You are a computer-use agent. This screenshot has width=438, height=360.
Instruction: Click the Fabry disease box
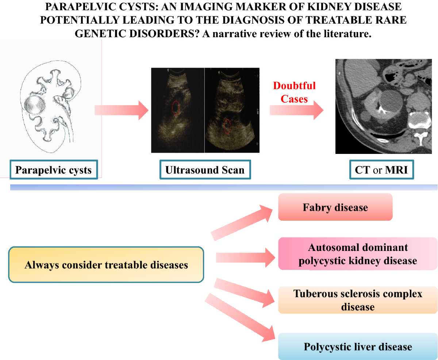335,207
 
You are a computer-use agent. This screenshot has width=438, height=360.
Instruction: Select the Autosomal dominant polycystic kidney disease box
358,254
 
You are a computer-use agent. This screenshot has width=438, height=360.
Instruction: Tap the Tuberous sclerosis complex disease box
358,300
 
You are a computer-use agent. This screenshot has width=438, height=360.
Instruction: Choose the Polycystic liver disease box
358,347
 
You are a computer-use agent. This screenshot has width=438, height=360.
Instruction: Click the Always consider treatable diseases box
106,264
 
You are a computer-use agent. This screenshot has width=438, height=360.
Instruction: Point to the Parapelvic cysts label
54,170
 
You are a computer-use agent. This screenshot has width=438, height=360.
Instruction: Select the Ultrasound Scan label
205,170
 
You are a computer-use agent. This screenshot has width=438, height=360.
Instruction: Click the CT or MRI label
382,170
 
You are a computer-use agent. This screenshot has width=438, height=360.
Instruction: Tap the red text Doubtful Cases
295,92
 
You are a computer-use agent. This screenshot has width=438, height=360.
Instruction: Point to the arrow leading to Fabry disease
243,222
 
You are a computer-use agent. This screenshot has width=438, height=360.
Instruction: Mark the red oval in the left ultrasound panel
176,108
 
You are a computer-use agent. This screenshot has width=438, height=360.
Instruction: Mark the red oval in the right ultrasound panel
227,126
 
